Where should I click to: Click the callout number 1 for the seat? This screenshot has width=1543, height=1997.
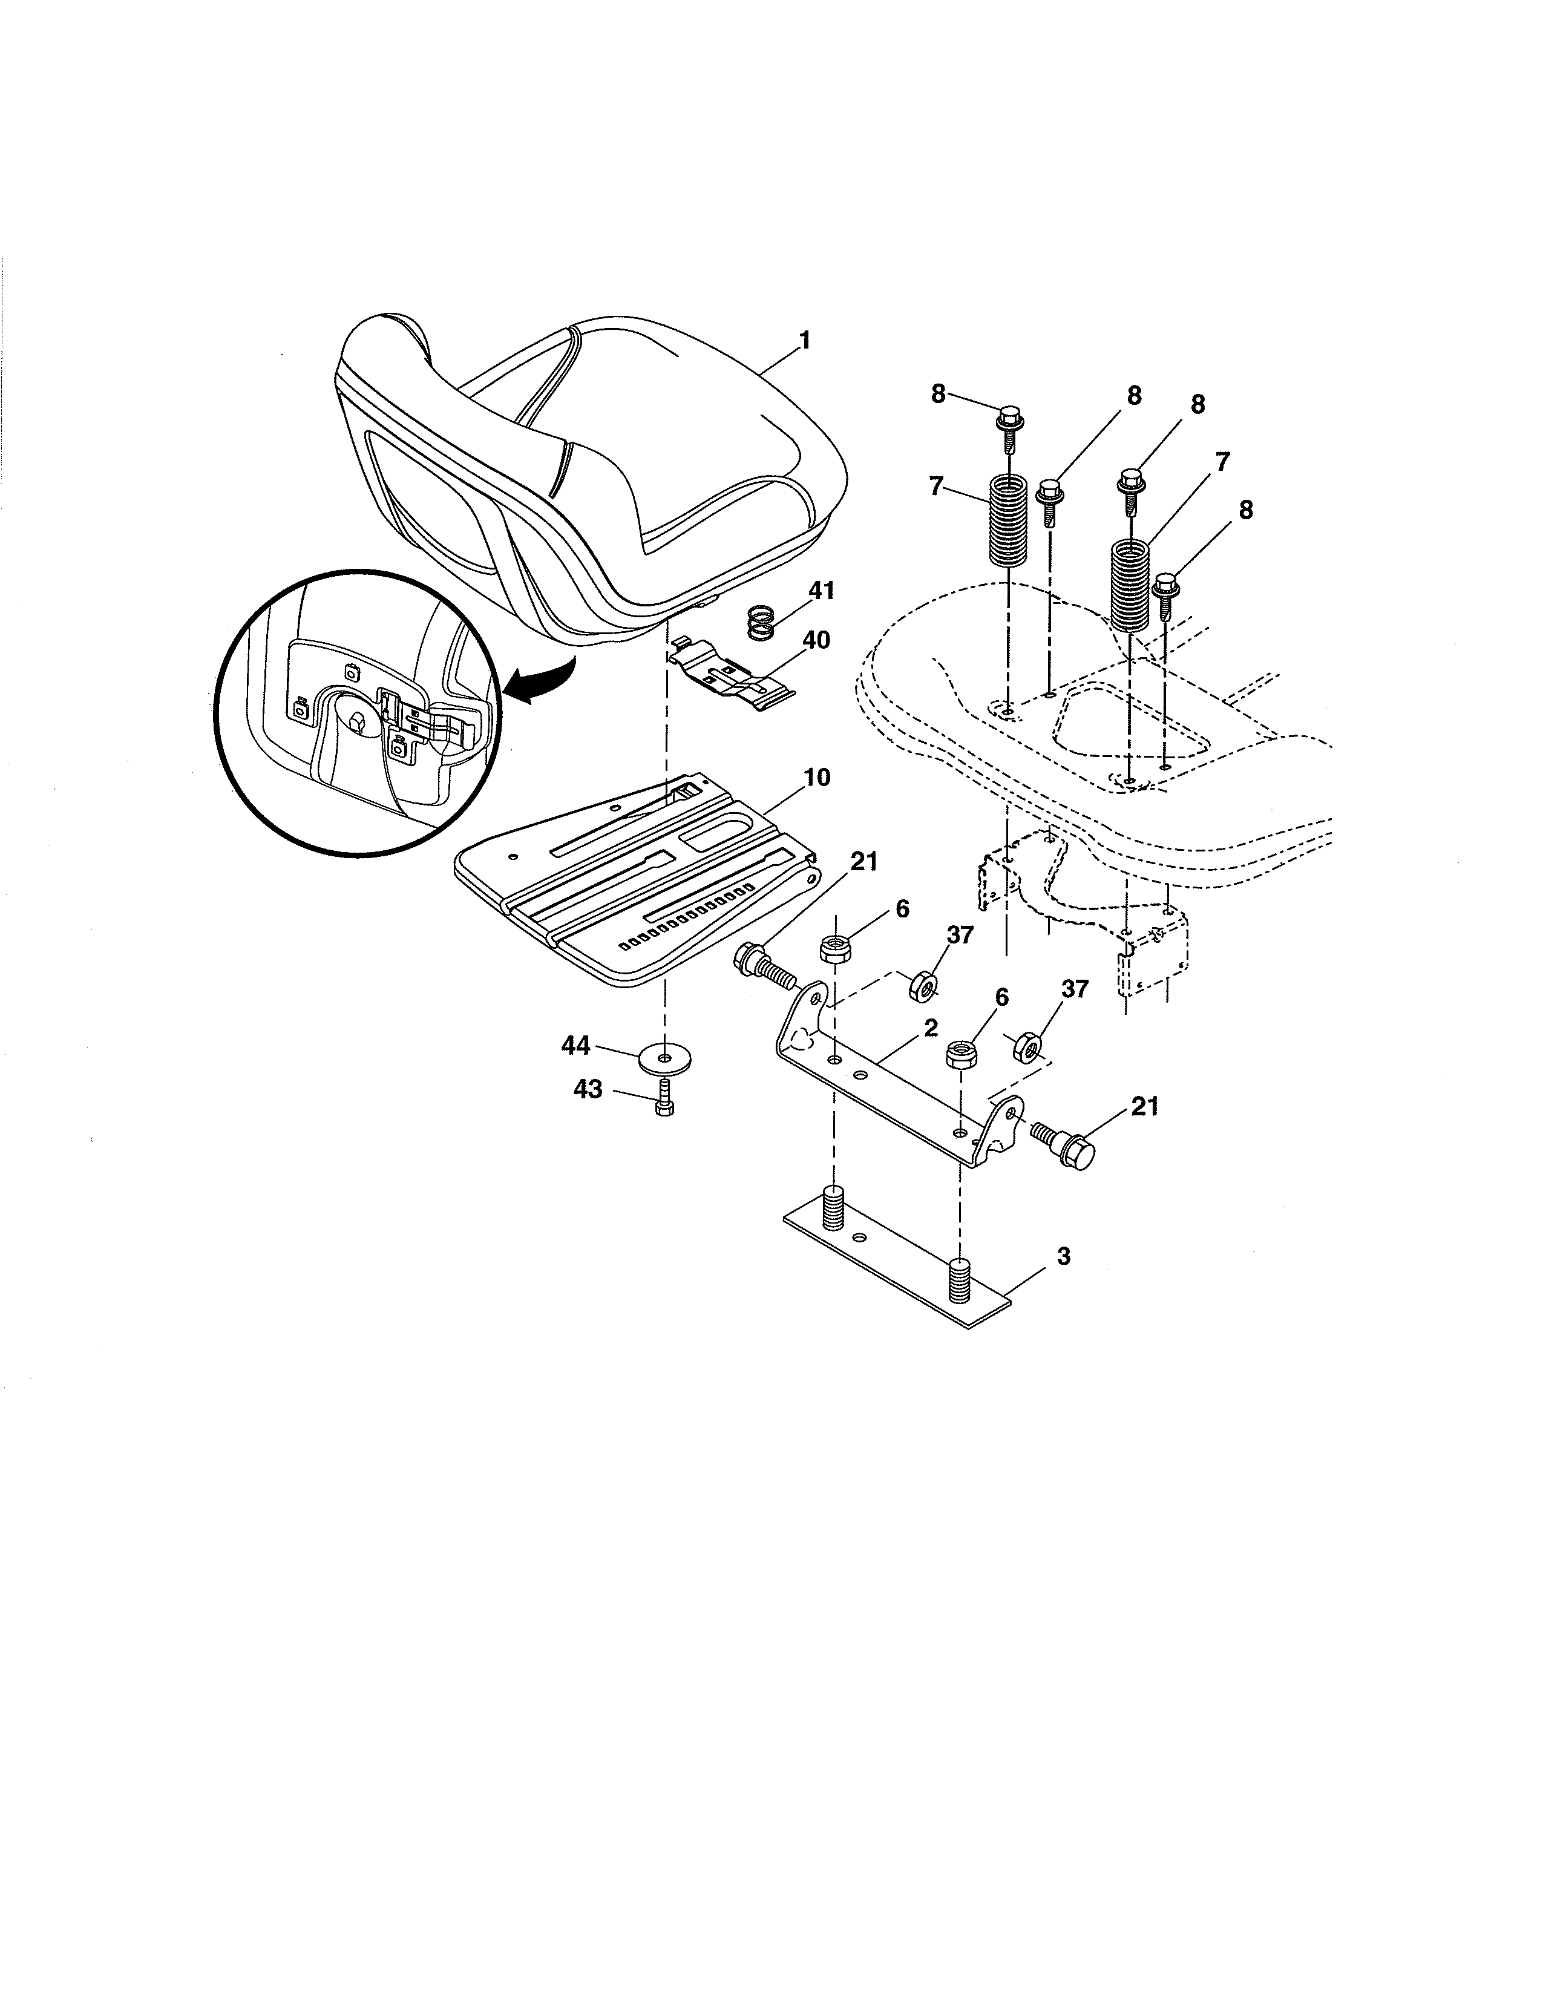tap(804, 340)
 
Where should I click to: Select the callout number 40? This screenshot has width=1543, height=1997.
tap(816, 640)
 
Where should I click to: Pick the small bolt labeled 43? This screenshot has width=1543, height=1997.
tap(664, 1097)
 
